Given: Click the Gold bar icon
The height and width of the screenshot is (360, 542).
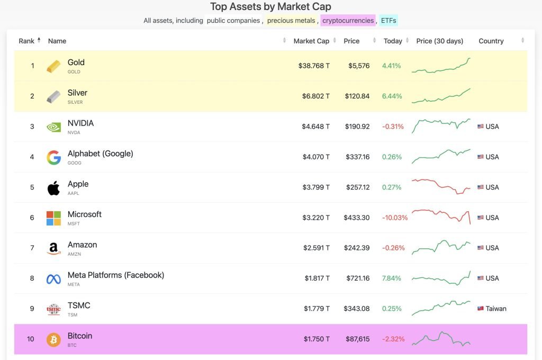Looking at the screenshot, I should coord(53,66).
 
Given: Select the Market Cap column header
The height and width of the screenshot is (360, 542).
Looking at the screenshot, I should coord(311,41).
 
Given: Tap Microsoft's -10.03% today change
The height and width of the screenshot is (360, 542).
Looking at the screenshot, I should coord(395,218).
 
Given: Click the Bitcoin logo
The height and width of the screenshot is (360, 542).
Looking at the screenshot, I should coord(53,339).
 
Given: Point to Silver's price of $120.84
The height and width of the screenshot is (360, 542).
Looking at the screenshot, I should coord(357,96).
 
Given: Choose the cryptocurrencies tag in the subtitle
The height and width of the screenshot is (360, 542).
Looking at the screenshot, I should coord(348,21).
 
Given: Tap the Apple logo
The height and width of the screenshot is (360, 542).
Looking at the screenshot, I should coord(53,188).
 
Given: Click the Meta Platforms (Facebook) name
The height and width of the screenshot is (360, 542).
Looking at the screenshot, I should coord(115,275).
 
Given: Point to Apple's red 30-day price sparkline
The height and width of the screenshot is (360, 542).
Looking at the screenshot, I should coord(441,187).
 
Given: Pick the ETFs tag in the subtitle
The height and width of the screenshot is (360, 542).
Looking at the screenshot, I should coord(388,21).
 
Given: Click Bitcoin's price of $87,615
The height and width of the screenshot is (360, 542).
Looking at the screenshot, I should coord(356,339).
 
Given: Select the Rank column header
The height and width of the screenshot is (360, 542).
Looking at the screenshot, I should coord(26,41).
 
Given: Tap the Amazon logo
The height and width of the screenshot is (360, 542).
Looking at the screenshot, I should coord(53,248).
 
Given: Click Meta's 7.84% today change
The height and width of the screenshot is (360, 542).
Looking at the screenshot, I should coord(392,278).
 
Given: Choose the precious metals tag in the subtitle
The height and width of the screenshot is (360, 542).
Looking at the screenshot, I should coord(291,21).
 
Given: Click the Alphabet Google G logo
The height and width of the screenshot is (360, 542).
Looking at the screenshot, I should coord(53,157).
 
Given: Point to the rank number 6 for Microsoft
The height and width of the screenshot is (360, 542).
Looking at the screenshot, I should coord(32,218).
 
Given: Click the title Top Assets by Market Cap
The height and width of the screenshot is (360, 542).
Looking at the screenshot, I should coord(270,7).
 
